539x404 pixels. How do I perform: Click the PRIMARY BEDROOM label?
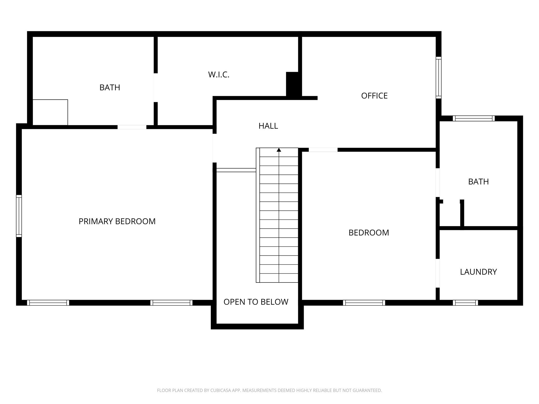tap(117, 221)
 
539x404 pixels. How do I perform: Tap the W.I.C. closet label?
tap(219, 75)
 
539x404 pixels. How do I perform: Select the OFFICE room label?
tap(374, 96)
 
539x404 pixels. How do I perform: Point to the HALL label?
tap(268, 126)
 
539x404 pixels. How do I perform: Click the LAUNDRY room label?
tap(478, 272)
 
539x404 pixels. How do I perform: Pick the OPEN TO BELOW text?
tap(256, 302)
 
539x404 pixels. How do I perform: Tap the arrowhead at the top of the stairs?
tap(279, 150)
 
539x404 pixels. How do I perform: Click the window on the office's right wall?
tap(438, 78)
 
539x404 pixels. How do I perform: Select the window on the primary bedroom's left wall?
tap(19, 216)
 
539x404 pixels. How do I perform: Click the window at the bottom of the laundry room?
tap(465, 303)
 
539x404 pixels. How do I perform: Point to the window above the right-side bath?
tap(474, 118)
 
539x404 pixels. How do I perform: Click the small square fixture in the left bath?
tap(50, 112)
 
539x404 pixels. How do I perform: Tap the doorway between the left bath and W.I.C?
tap(156, 88)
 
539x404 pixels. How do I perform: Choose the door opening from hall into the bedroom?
tap(323, 150)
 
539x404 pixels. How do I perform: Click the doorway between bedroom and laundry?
tap(438, 273)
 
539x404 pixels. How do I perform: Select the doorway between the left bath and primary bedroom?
tap(132, 127)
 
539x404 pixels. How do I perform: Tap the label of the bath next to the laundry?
tap(478, 182)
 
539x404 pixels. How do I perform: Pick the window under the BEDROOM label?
tap(364, 303)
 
